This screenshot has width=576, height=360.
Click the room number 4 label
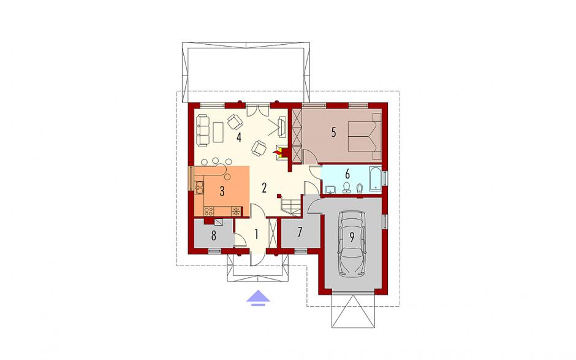click(x=239, y=138)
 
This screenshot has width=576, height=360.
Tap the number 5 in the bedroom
click(x=333, y=132)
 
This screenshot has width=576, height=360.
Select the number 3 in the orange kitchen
click(x=221, y=191)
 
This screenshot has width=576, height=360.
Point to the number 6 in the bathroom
click(x=347, y=173)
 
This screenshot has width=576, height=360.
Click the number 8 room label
click(x=213, y=236)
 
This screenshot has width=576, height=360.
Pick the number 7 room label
click(x=300, y=232)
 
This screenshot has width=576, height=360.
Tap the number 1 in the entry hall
click(x=256, y=234)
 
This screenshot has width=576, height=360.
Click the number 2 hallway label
click(x=263, y=188)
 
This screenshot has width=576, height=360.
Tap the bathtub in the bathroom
click(x=374, y=179)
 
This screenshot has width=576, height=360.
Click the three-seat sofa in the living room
click(x=203, y=129)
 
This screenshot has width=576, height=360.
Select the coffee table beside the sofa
click(x=219, y=132)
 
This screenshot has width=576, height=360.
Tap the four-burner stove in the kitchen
click(x=209, y=211)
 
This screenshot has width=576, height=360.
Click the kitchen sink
click(x=199, y=187)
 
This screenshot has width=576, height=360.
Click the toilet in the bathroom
click(x=346, y=188)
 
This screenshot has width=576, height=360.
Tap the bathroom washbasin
click(x=331, y=189)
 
